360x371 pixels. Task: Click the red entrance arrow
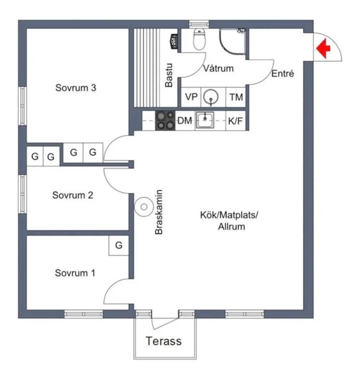pyautogui.click(x=323, y=48)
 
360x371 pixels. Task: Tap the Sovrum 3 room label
pyautogui.click(x=76, y=88)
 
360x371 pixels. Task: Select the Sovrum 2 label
pyautogui.click(x=72, y=195)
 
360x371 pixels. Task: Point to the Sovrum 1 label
pyautogui.click(x=75, y=273)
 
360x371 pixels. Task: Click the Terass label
pyautogui.click(x=164, y=341)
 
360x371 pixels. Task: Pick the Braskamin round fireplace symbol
pyautogui.click(x=144, y=207)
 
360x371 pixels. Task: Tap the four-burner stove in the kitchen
pyautogui.click(x=165, y=121)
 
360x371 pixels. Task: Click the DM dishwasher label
pyautogui.click(x=185, y=121)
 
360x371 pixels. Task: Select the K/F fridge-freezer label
pyautogui.click(x=235, y=121)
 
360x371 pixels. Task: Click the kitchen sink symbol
pyautogui.click(x=205, y=120)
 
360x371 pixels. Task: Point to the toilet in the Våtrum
pyautogui.click(x=199, y=39)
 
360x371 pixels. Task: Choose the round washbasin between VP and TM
pyautogui.click(x=211, y=97)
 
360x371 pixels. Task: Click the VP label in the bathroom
pyautogui.click(x=191, y=97)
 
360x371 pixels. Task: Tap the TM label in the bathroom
pyautogui.click(x=236, y=97)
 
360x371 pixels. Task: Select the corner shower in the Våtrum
pyautogui.click(x=232, y=42)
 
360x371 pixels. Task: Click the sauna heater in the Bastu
pyautogui.click(x=174, y=42)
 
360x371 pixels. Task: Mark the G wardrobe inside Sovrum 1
pyautogui.click(x=119, y=245)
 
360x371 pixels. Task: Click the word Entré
pyautogui.click(x=282, y=73)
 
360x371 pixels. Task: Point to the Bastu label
pyautogui.click(x=169, y=75)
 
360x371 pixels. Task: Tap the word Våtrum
pyautogui.click(x=219, y=69)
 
